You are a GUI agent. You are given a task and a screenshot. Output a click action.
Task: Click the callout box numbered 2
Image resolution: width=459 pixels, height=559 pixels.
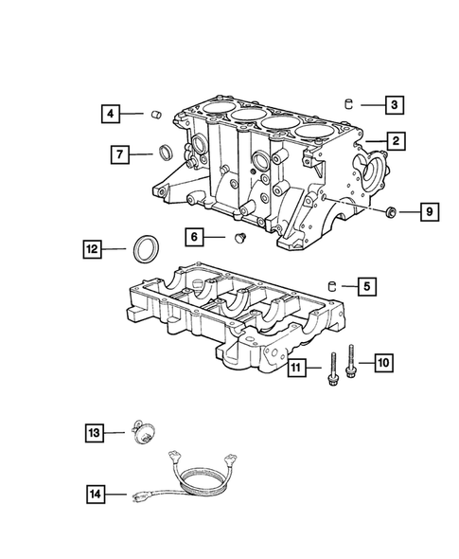pyautogui.click(x=395, y=141)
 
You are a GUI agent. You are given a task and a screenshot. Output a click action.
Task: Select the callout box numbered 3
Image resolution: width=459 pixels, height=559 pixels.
pyautogui.click(x=395, y=105)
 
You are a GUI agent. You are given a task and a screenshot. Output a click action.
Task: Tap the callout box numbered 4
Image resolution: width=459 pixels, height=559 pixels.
pyautogui.click(x=111, y=115)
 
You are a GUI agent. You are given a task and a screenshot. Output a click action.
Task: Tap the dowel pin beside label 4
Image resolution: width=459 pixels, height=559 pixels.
pyautogui.click(x=149, y=116)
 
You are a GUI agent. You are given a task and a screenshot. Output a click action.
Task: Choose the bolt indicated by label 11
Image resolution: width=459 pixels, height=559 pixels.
pyautogui.click(x=334, y=372)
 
